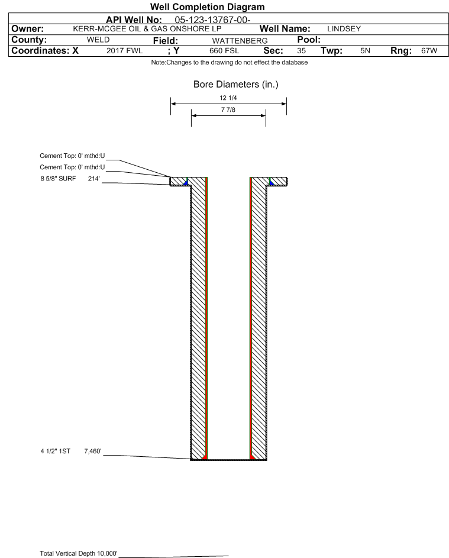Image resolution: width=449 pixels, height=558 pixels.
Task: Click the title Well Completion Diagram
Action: point(208,7)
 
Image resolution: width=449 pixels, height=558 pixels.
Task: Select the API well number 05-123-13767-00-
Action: point(212,20)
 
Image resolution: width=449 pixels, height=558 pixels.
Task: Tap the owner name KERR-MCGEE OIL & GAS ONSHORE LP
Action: point(147,29)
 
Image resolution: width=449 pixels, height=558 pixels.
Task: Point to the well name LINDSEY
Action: point(344,29)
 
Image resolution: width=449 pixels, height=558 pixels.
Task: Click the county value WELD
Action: point(98,40)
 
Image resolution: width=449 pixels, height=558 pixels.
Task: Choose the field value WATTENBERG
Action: point(240,41)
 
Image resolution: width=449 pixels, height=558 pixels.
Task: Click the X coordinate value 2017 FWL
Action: point(124,51)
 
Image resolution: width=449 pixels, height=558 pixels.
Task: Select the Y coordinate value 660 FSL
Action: point(224,51)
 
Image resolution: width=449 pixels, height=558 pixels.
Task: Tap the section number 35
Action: point(301,51)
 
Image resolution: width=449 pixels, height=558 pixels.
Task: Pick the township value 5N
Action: point(365,51)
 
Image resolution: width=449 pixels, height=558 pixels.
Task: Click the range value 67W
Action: point(429,51)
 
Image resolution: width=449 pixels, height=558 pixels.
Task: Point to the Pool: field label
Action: point(309,40)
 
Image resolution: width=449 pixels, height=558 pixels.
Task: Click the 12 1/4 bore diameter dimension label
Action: point(228,98)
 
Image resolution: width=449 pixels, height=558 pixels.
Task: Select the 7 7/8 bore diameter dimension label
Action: point(228,110)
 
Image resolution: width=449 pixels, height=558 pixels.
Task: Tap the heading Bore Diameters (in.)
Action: point(235,85)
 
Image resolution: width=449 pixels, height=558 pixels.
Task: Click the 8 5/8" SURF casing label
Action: point(58,179)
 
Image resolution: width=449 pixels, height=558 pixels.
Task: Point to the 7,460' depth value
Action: point(93,451)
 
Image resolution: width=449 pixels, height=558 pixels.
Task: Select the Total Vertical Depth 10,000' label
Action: point(79,553)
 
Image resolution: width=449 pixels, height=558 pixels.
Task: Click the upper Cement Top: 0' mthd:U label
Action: point(72,156)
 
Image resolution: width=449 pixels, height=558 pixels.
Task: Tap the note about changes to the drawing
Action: point(230,62)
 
